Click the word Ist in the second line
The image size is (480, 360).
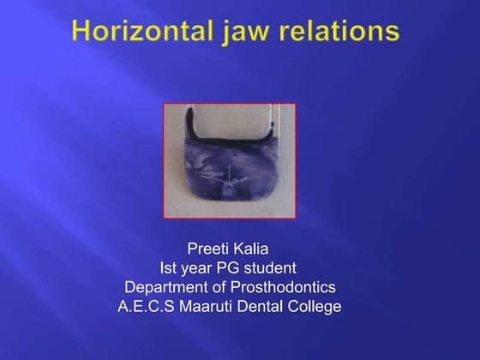(x=170, y=268)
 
